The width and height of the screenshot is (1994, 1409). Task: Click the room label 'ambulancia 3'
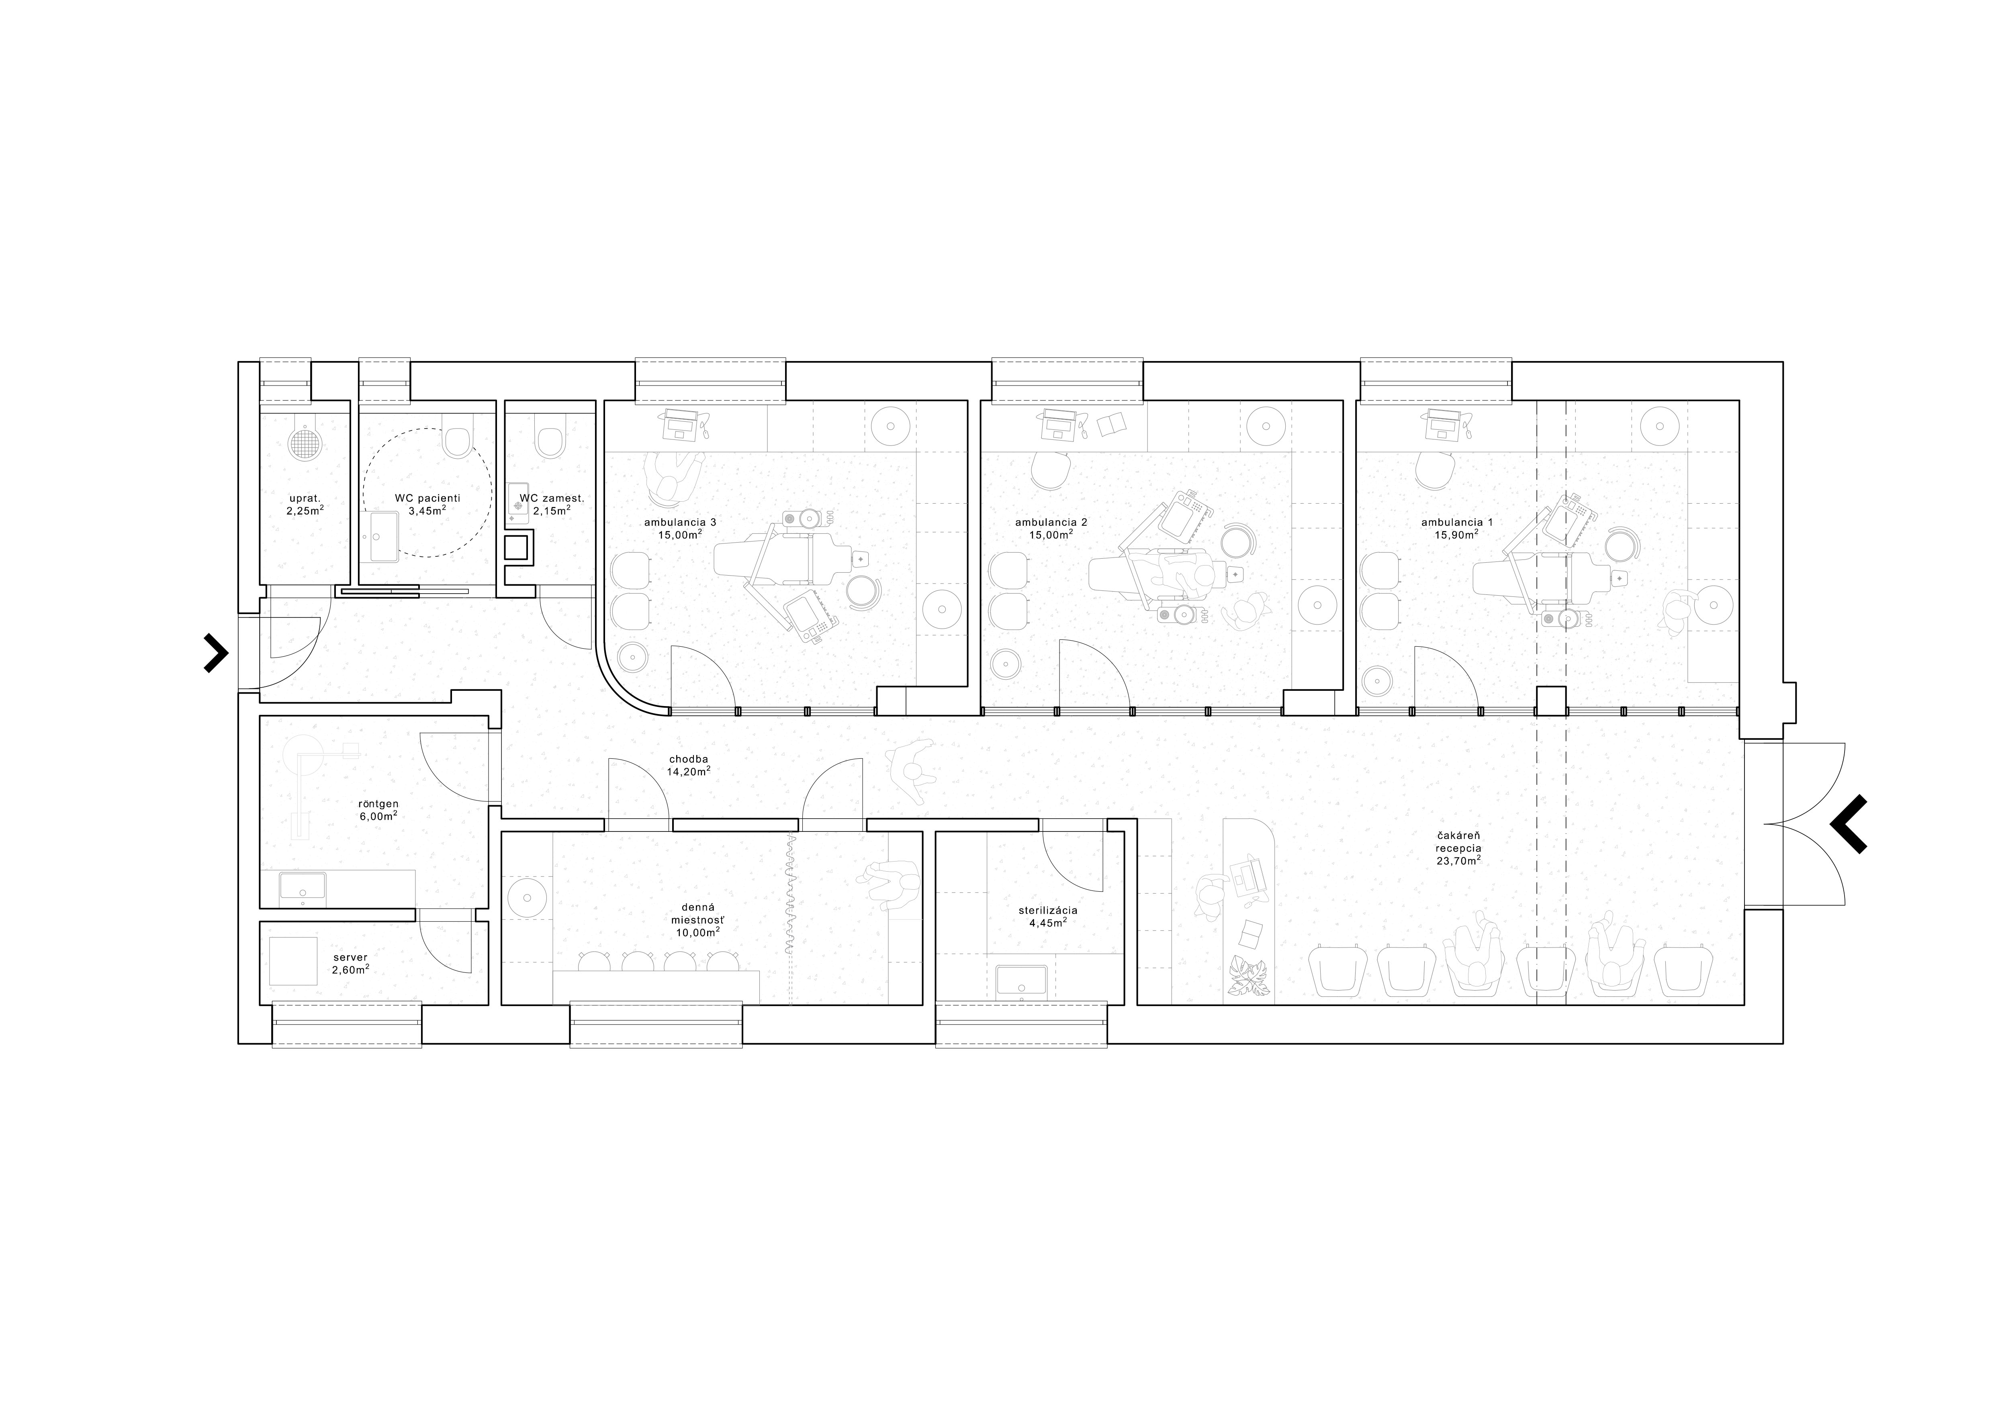click(680, 522)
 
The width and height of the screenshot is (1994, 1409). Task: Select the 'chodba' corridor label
click(688, 759)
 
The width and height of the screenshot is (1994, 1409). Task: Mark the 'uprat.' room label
click(305, 498)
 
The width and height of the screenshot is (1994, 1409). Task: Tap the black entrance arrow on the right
click(1848, 823)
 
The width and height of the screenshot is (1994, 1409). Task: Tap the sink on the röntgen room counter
click(302, 886)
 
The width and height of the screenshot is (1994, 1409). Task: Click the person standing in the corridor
click(909, 768)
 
